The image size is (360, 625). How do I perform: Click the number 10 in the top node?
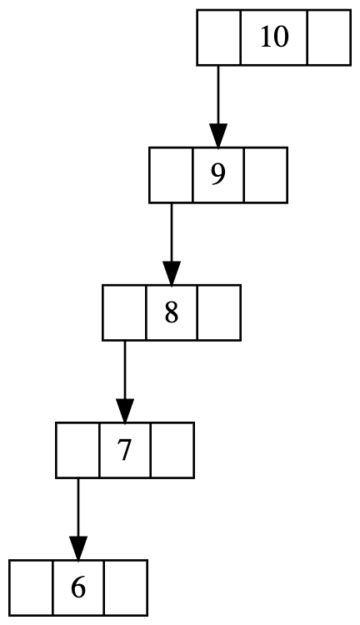pos(274,37)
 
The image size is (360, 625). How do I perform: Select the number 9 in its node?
pos(218,175)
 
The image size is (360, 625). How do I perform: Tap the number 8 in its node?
pos(172,312)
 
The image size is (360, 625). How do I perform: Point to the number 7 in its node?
pos(125,450)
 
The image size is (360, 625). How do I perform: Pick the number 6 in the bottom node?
pos(78,588)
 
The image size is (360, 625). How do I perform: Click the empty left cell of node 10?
pos(219,37)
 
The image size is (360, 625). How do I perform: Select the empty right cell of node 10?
pos(329,37)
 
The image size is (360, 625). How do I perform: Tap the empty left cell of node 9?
pos(172,175)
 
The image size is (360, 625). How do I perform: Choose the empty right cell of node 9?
pos(265,175)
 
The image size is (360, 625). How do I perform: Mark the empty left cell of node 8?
pos(125,312)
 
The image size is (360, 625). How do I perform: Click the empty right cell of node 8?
pos(218,312)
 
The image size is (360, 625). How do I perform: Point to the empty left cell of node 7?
pos(77,450)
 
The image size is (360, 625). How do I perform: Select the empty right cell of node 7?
pos(172,450)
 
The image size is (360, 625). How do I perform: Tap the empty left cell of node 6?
pos(31,588)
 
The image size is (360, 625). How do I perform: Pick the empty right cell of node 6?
pos(126,588)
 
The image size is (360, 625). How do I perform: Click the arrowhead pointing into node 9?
pos(218,136)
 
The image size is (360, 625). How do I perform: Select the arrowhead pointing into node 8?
pos(172,273)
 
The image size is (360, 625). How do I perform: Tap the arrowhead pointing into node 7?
pos(125,411)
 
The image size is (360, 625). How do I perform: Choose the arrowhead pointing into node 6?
pos(78,548)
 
